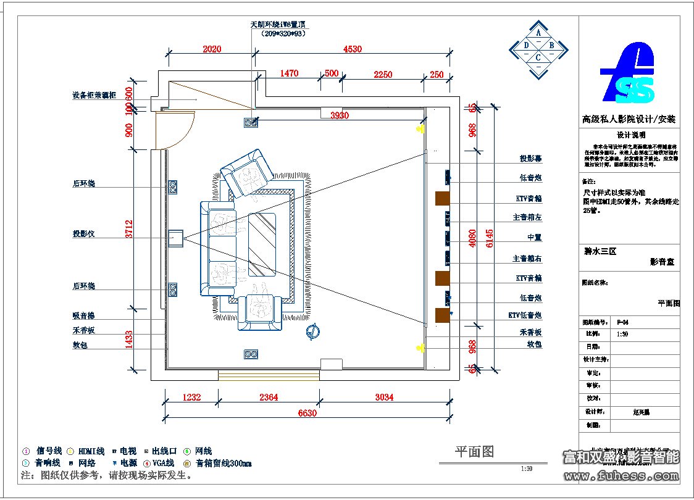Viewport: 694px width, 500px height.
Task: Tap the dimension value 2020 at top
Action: [x=212, y=49]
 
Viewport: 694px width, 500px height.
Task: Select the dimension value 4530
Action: [x=352, y=49]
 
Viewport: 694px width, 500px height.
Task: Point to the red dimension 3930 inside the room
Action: [x=340, y=115]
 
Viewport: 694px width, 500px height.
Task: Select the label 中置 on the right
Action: [x=534, y=238]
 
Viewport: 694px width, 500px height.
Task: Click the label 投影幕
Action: [x=531, y=159]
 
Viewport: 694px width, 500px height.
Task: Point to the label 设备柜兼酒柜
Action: [x=94, y=96]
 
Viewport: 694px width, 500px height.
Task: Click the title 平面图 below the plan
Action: [x=474, y=452]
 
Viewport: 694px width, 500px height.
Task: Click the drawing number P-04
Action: [x=623, y=322]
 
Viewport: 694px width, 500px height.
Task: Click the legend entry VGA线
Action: [x=163, y=463]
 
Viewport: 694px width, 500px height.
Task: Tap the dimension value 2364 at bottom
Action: [x=269, y=398]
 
